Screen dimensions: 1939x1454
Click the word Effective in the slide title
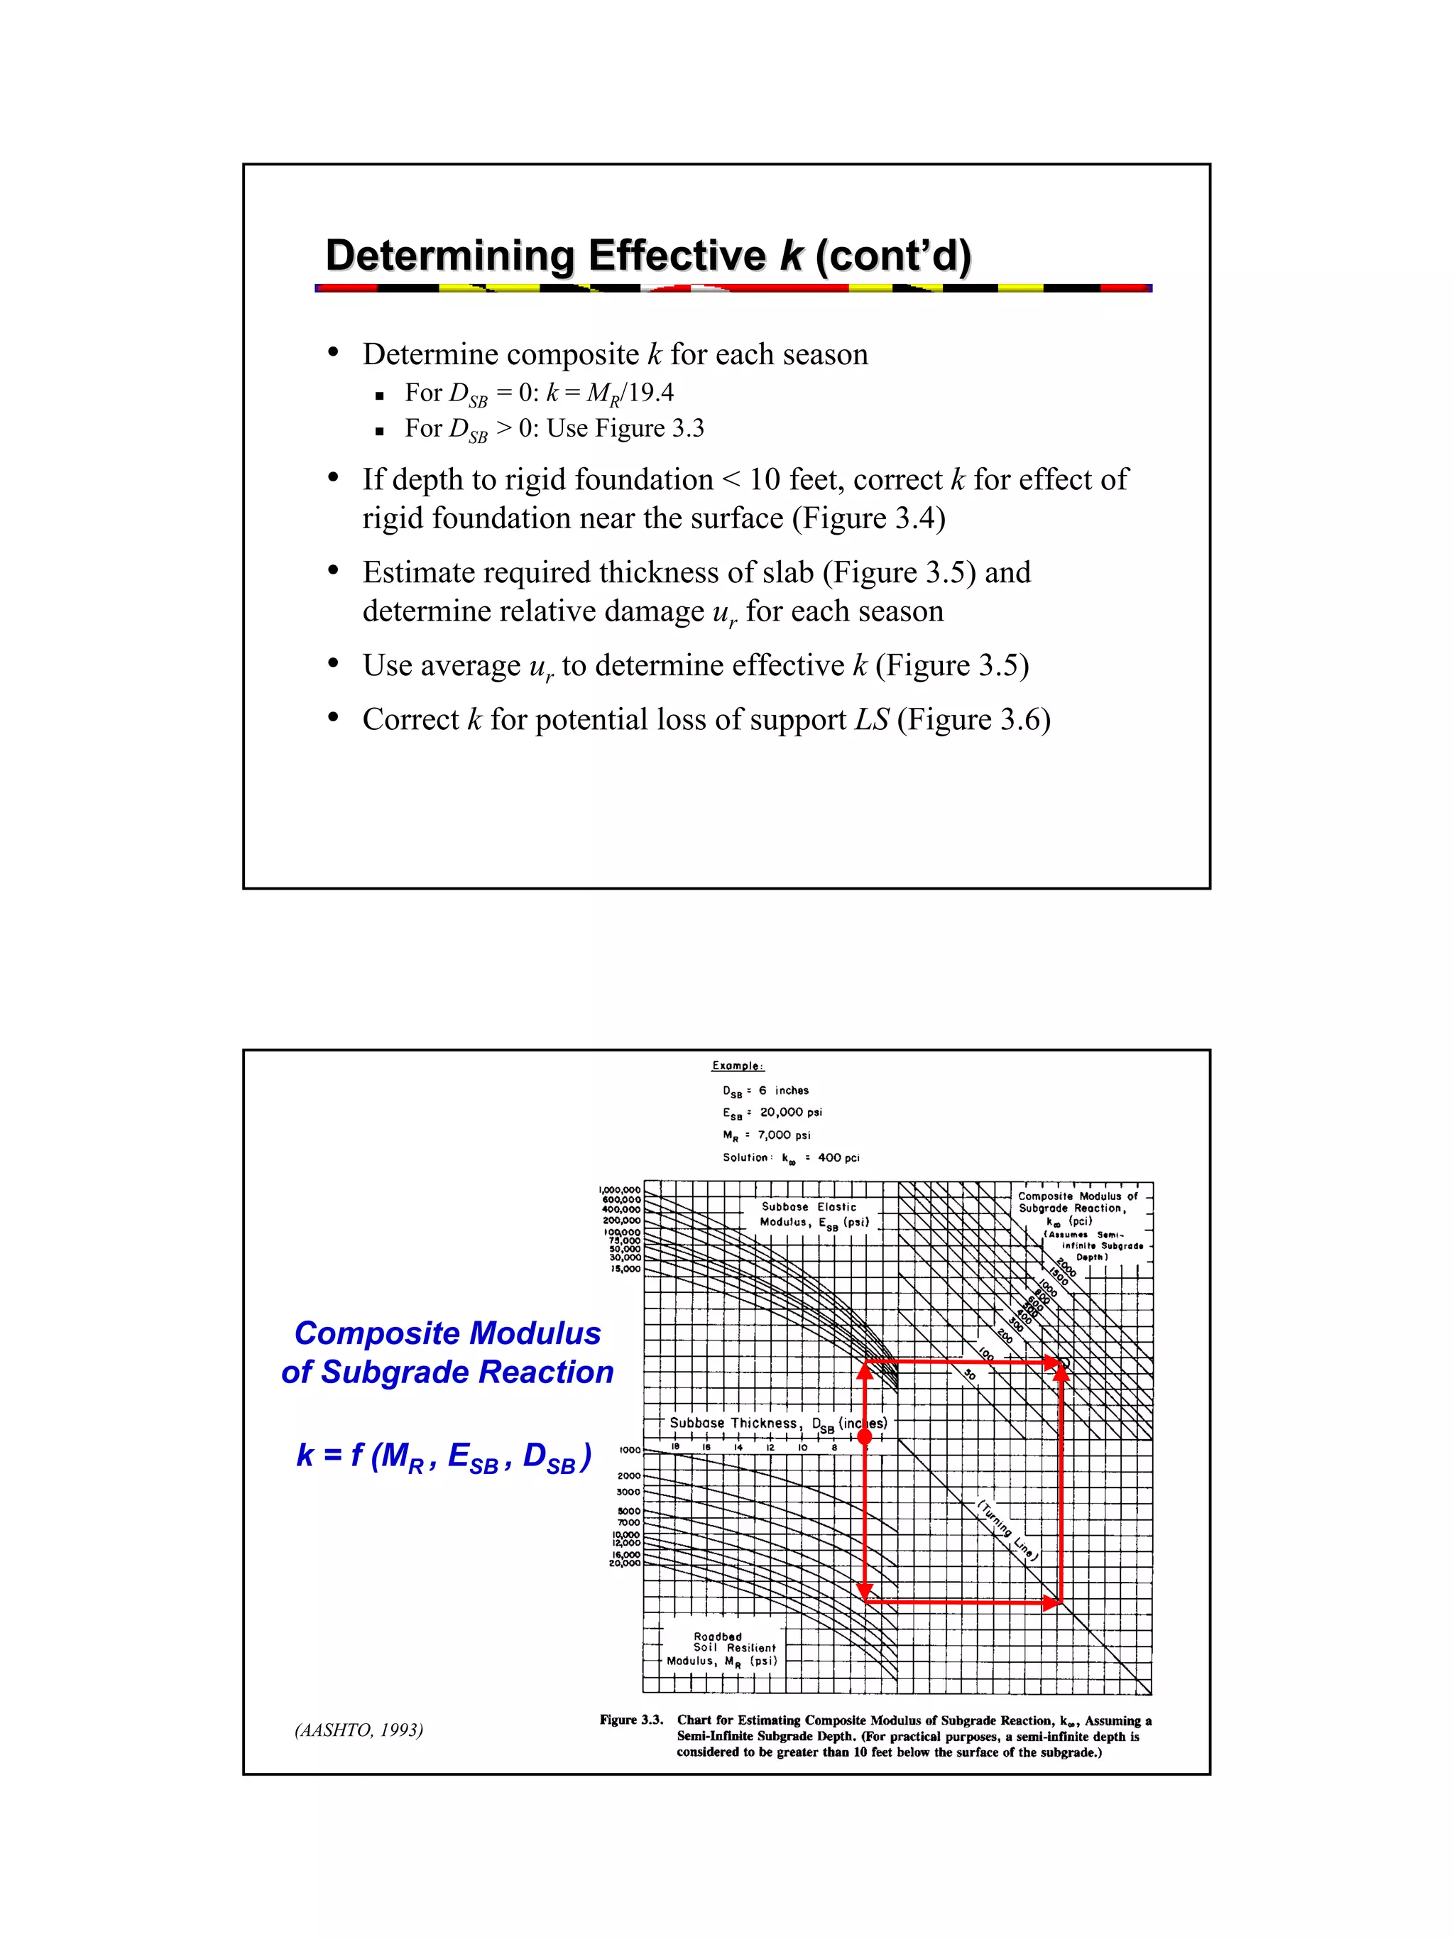pos(677,256)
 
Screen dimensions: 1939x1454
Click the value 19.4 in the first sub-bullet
pos(650,393)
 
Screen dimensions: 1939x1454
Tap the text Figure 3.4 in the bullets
pos(868,518)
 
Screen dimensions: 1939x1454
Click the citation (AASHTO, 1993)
pos(359,1730)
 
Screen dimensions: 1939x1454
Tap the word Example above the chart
pos(737,1066)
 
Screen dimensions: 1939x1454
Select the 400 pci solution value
pos(838,1158)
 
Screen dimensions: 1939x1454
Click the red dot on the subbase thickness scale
pos(864,1436)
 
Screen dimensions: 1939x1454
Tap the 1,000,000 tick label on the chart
pos(620,1189)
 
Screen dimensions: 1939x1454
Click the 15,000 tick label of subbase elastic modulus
pos(625,1269)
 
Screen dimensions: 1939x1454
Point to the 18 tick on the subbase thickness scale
pos(675,1447)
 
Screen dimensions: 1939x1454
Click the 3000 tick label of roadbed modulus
pos(628,1491)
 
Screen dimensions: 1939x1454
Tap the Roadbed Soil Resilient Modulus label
pos(721,1649)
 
